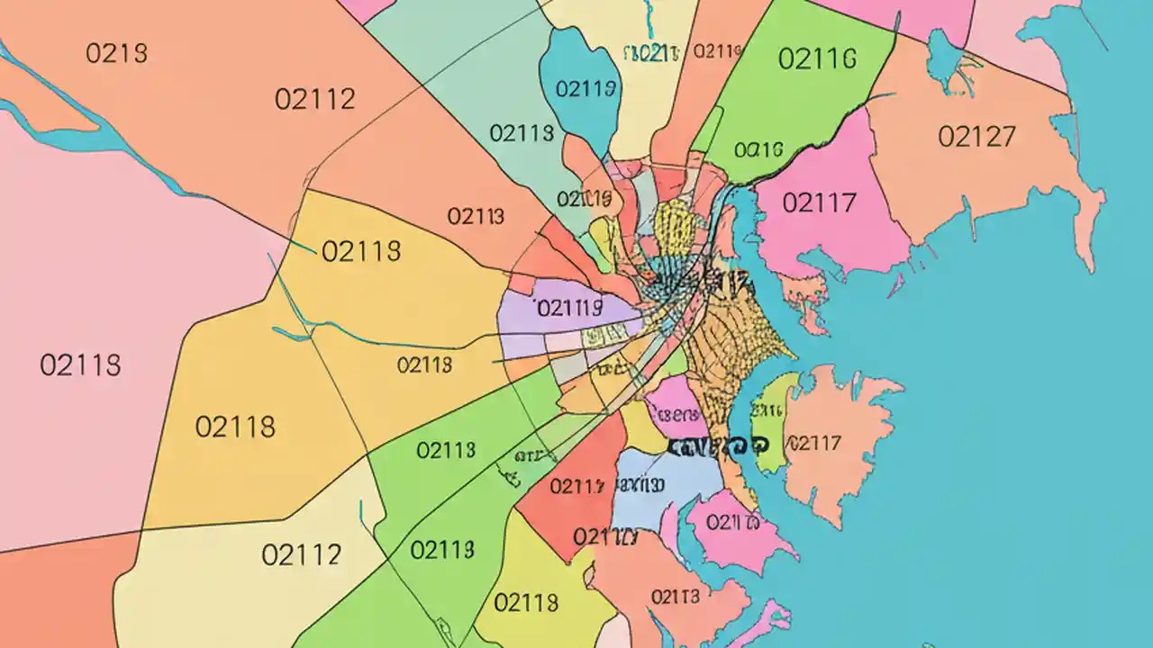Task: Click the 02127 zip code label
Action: tap(976, 137)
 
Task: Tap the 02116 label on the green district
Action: tap(816, 59)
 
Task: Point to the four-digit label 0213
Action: tap(116, 53)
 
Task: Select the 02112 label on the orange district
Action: tap(315, 99)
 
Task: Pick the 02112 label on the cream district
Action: tap(301, 553)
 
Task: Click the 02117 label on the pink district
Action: tap(818, 203)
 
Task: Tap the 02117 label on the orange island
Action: tap(814, 443)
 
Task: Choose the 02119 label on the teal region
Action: tap(586, 88)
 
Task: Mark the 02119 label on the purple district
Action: tap(567, 309)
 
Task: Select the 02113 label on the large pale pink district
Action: tap(80, 365)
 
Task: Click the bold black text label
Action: tap(718, 445)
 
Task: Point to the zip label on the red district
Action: tap(576, 487)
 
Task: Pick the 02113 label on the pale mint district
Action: tap(522, 133)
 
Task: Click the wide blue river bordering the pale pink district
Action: tap(90, 135)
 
